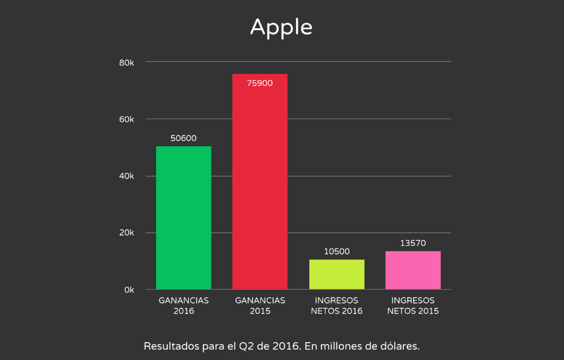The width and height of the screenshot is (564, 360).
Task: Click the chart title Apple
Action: tap(281, 28)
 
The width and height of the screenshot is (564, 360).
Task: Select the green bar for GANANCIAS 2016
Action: tap(183, 218)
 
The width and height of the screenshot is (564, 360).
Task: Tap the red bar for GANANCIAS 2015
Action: tap(260, 181)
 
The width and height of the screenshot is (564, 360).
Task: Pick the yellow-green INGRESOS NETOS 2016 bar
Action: tap(336, 274)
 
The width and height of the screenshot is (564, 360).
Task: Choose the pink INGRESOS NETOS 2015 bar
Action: tap(413, 270)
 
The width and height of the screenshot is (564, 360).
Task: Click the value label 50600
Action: tap(183, 138)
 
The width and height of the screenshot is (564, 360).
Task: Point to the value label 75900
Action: tap(260, 84)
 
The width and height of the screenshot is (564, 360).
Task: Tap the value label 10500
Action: tap(336, 252)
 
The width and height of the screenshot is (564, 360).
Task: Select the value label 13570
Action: tap(413, 244)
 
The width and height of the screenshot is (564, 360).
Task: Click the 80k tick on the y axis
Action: tap(127, 63)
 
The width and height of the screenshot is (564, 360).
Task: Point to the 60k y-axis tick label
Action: tap(127, 119)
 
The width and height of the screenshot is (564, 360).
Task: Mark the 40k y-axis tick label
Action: tap(127, 176)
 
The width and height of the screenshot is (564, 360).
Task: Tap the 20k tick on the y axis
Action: tap(127, 233)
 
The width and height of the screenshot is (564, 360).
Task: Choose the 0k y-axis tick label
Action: tap(129, 290)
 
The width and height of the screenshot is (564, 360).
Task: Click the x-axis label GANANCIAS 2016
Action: tap(183, 306)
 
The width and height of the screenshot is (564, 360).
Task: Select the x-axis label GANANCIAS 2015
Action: tap(260, 306)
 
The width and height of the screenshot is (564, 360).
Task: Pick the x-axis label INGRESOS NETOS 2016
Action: tap(336, 306)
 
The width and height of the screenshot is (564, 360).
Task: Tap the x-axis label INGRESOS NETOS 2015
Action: tap(413, 306)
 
